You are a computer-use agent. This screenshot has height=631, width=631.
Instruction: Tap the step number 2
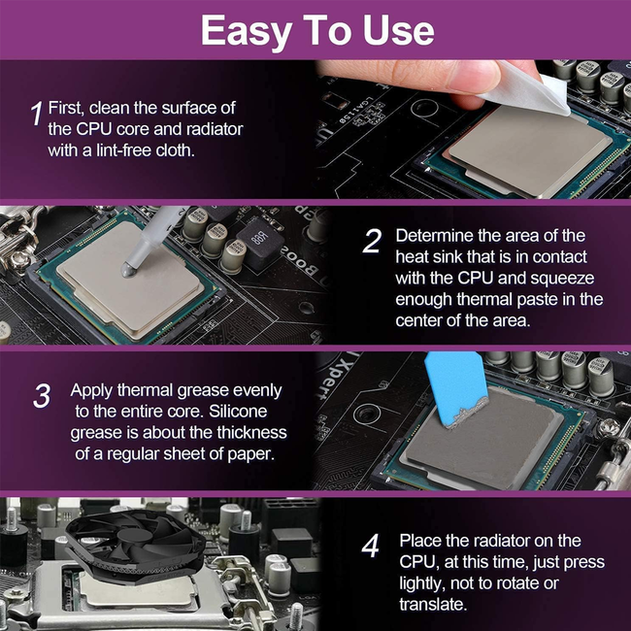click(x=372, y=242)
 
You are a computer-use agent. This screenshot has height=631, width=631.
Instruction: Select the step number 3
click(x=42, y=396)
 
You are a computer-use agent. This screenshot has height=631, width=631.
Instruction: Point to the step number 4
click(x=370, y=547)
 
